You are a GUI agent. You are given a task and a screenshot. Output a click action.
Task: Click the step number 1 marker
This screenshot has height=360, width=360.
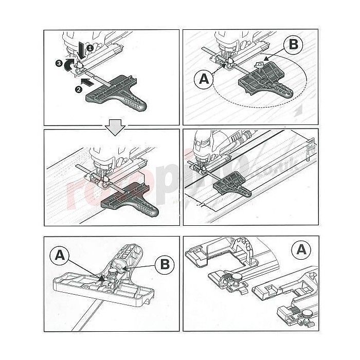click(91, 48)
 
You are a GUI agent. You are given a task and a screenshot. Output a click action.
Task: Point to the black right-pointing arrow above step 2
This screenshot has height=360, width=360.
click(88, 81)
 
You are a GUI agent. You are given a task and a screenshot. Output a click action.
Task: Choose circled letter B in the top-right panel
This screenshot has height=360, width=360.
click(292, 44)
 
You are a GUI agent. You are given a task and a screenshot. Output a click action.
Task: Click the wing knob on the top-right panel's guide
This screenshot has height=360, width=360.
click(261, 65)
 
